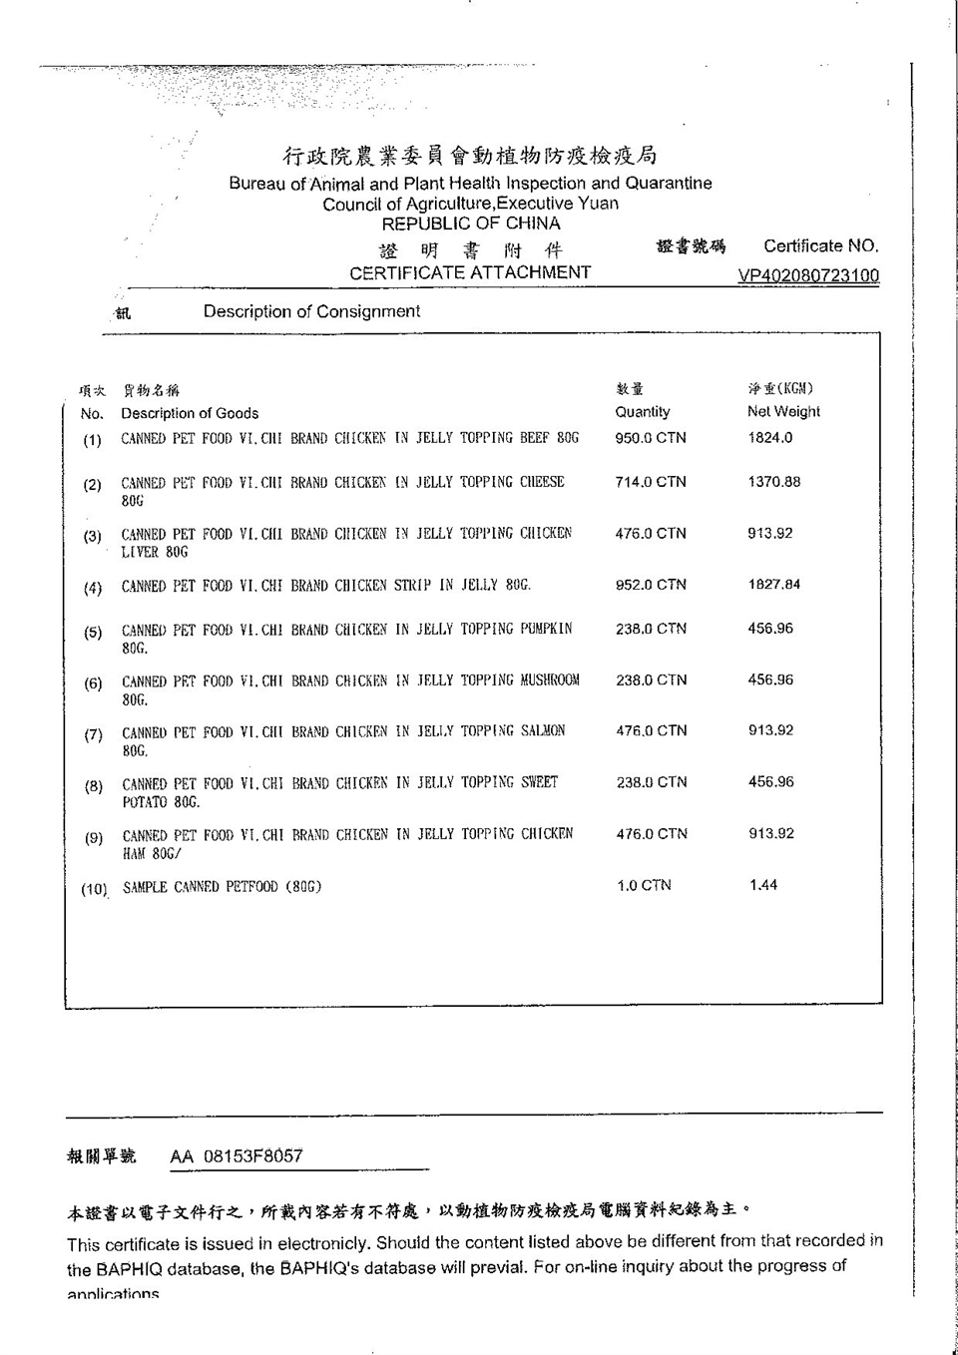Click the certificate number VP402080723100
[808, 275]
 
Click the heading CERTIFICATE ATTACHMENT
[470, 272]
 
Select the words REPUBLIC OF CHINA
[471, 224]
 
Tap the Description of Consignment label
[311, 311]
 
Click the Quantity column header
[643, 411]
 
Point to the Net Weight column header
[783, 411]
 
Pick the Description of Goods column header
[190, 413]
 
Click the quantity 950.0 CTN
[651, 438]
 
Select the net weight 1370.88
[774, 482]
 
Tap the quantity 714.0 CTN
[651, 482]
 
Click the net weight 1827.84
[774, 585]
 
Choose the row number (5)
[93, 633]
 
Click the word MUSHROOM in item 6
[550, 680]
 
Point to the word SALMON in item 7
[543, 731]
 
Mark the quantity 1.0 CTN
[644, 885]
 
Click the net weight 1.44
[763, 885]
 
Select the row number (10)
[94, 889]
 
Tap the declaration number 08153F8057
[252, 1156]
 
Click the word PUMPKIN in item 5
[546, 630]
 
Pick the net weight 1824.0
[770, 438]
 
